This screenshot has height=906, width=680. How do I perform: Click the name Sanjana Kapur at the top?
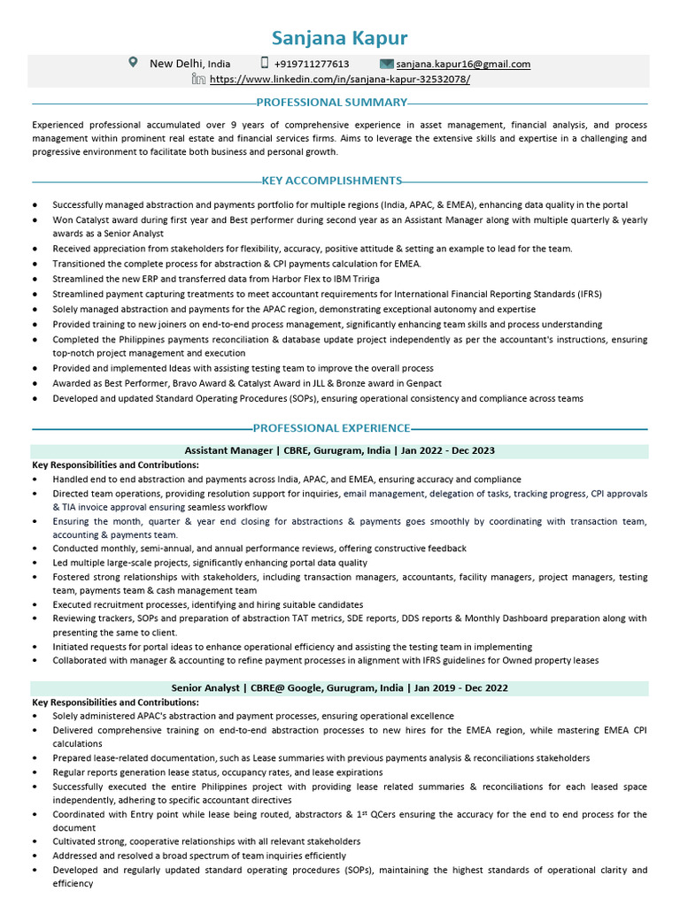340,37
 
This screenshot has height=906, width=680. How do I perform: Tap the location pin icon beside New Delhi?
134,63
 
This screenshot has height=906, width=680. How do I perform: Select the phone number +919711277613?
311,64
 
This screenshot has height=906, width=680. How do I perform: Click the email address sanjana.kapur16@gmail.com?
463,64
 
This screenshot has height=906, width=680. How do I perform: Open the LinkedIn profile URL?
340,79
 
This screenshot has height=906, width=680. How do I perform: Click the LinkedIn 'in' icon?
199,79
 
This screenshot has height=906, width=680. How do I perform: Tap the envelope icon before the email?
386,64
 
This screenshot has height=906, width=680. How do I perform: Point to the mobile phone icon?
264,63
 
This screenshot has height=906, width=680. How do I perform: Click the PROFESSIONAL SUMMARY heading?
332,103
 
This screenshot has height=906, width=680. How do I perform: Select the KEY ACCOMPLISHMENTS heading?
332,180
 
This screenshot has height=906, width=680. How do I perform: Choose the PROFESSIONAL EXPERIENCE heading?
332,428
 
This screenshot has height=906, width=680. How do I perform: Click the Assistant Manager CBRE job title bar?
340,450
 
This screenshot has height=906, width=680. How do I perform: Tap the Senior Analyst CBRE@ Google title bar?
340,687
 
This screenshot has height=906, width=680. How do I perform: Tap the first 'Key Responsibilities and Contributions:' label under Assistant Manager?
115,465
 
